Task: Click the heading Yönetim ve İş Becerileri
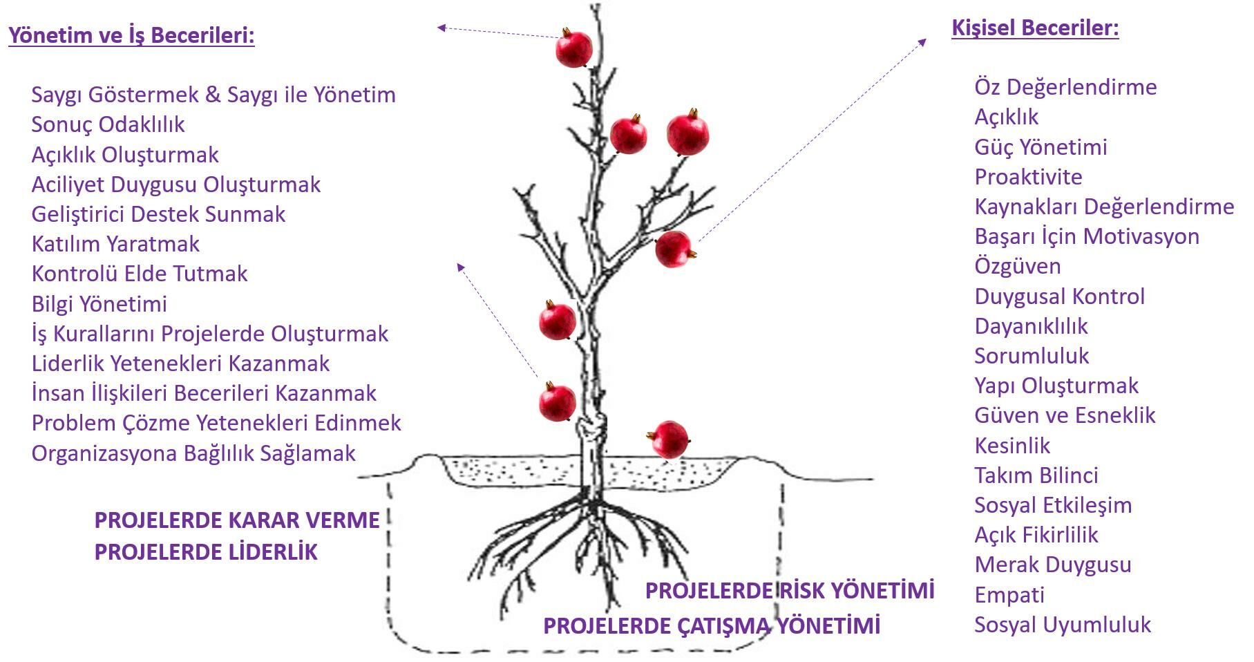click(131, 35)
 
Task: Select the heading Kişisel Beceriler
click(1034, 28)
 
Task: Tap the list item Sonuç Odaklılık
click(108, 124)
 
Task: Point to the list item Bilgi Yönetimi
click(99, 303)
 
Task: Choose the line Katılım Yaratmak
click(115, 244)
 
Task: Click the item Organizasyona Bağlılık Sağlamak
click(193, 453)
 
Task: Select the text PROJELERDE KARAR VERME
click(237, 520)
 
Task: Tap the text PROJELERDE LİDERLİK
click(206, 552)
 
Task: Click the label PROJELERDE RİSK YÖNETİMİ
click(790, 590)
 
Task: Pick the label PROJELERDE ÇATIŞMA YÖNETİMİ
click(712, 625)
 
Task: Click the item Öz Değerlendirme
click(1065, 87)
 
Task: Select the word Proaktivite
click(1028, 177)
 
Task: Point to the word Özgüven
click(1017, 266)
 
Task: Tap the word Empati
click(1009, 594)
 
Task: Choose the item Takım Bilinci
click(1036, 475)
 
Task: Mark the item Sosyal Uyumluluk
click(1062, 625)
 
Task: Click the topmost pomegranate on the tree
click(574, 48)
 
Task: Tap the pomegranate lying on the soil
click(669, 439)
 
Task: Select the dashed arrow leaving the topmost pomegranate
click(497, 32)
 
